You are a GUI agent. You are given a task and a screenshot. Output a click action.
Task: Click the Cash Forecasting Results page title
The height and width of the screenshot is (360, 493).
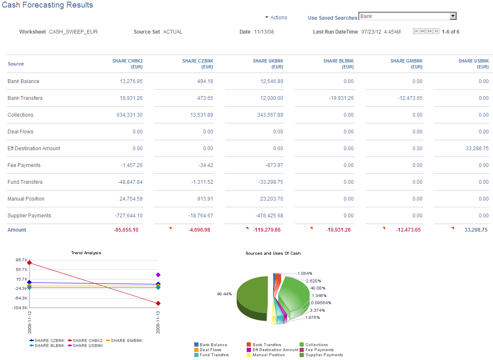point(47,5)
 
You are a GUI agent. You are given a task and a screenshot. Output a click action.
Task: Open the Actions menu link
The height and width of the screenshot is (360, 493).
point(279,18)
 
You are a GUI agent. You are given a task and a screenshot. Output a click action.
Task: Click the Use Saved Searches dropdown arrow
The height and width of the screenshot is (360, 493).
point(453,16)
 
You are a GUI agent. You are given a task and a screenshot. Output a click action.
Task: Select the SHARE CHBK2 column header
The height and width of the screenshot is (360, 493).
point(127,64)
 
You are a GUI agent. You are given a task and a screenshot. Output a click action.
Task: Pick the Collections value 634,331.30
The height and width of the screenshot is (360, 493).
point(129,115)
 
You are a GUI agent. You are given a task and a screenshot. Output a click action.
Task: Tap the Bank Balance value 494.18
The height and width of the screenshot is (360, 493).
point(205,81)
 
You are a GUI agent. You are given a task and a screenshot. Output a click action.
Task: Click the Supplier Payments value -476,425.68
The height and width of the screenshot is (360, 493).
point(269,216)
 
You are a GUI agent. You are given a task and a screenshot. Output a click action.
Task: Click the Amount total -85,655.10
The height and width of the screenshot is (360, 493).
point(126,230)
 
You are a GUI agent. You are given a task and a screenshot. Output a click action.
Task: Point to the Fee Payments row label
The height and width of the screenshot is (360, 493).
point(24,165)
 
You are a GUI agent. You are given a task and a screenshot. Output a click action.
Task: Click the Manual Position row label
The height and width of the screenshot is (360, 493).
point(26,199)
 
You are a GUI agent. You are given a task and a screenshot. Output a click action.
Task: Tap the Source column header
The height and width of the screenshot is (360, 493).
point(16,64)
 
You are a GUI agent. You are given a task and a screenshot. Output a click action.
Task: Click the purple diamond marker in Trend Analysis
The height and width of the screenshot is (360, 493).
point(158,275)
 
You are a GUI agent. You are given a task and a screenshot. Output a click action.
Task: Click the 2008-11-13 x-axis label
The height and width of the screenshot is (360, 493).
point(158,322)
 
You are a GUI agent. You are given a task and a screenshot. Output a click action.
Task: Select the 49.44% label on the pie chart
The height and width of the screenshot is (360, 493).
point(224,294)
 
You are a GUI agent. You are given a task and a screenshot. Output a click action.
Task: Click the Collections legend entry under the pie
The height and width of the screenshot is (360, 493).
point(316,345)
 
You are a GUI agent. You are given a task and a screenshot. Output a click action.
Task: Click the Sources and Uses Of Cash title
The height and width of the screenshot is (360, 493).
point(273,253)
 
